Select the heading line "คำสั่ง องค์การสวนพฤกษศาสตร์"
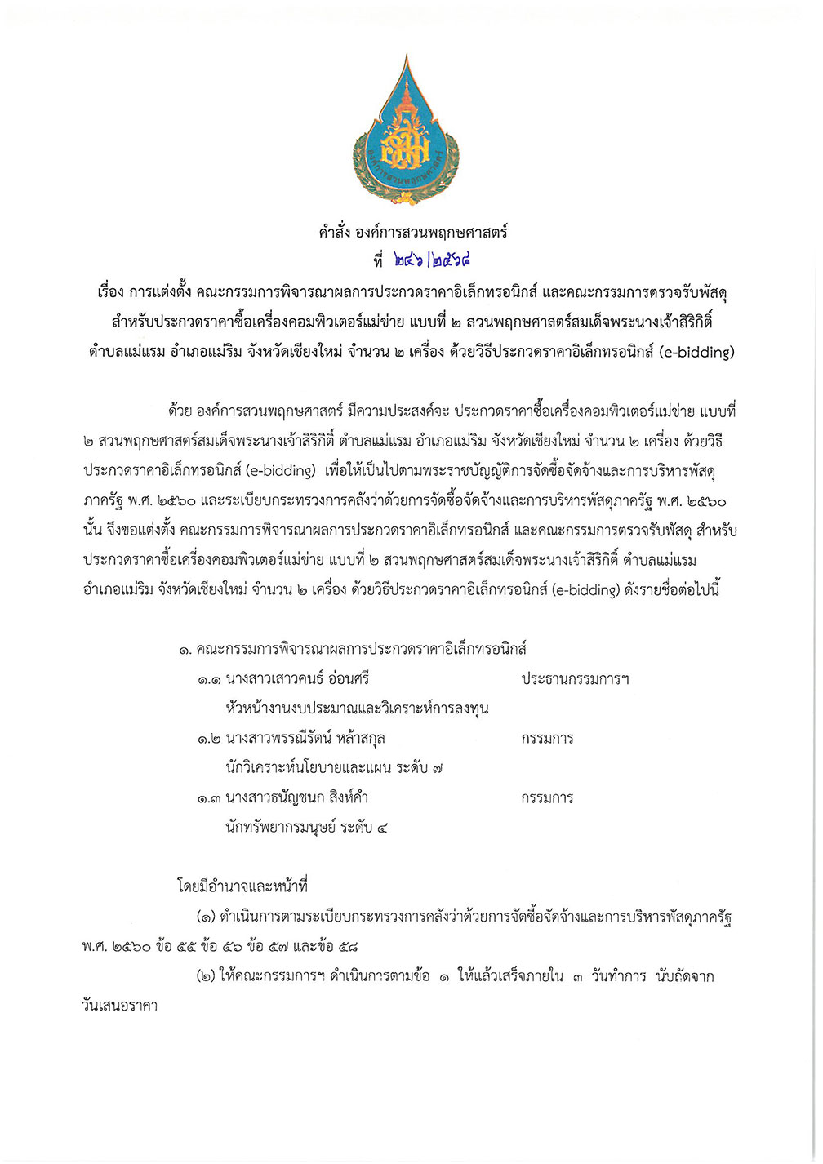pyautogui.click(x=412, y=232)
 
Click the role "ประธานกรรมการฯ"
pyautogui.click(x=575, y=679)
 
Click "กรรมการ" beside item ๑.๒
pyautogui.click(x=547, y=739)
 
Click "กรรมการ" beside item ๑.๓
pyautogui.click(x=547, y=797)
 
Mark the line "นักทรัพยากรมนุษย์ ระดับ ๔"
pyautogui.click(x=307, y=827)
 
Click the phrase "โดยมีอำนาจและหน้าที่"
pyautogui.click(x=242, y=886)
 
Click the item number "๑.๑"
pyautogui.click(x=208, y=679)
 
